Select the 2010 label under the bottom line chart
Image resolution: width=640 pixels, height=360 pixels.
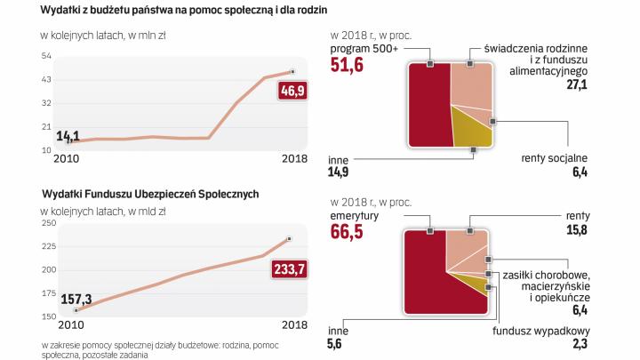click(x=57, y=325)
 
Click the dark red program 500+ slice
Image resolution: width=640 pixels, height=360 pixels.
click(x=428, y=105)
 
